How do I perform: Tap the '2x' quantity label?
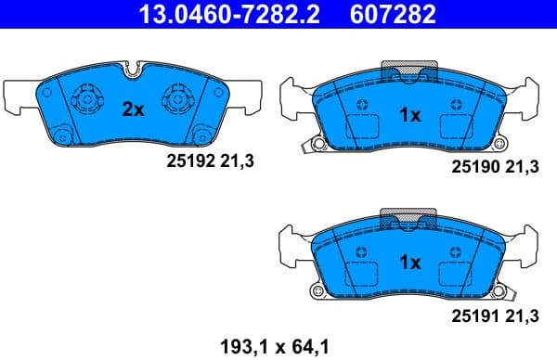(134, 109)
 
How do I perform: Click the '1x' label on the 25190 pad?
(410, 116)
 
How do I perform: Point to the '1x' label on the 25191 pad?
(409, 263)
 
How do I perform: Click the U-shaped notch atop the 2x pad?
(136, 68)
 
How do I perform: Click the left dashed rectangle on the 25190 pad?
(359, 129)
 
